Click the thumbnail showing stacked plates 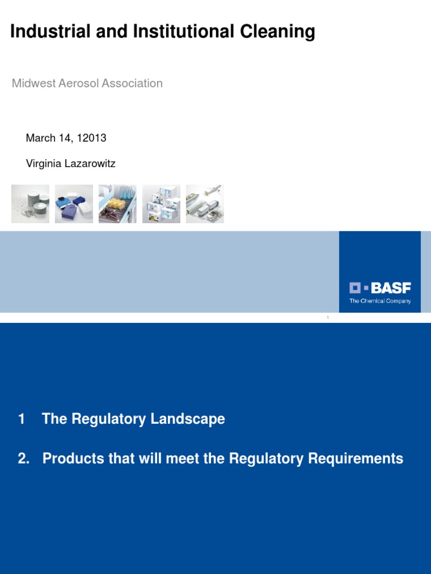click(x=30, y=204)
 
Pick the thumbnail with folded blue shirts click(x=74, y=204)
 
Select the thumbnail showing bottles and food click(x=117, y=204)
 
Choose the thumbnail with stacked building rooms click(x=161, y=204)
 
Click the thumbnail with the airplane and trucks click(x=205, y=204)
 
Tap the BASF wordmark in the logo click(x=391, y=288)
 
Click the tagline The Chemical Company click(x=380, y=301)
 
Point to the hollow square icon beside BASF click(x=355, y=288)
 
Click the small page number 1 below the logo click(x=328, y=318)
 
